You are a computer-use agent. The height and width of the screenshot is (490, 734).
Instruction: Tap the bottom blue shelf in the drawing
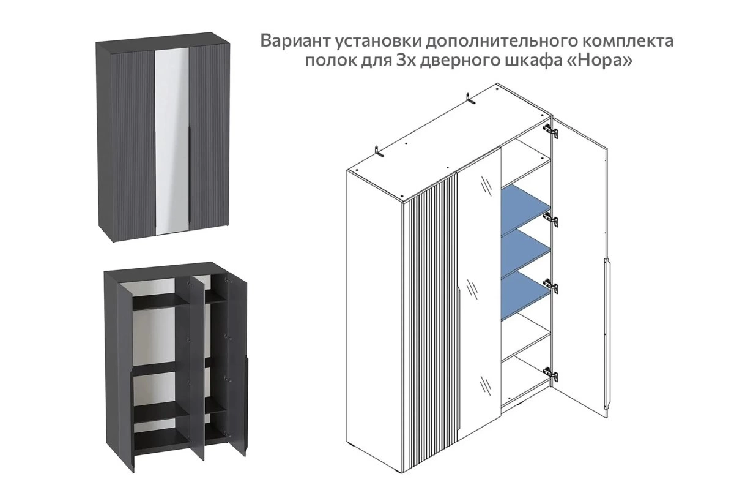(x=525, y=296)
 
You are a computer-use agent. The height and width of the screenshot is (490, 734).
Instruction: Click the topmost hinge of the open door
(x=550, y=130)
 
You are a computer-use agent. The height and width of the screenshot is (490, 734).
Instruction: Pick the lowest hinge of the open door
(x=550, y=372)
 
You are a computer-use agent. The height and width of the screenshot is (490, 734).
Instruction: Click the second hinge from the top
(x=550, y=219)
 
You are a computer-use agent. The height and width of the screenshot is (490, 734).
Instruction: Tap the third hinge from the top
(x=550, y=285)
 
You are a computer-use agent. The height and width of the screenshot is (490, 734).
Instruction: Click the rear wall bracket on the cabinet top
(x=471, y=99)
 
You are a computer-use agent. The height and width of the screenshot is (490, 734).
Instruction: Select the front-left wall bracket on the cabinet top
(x=380, y=152)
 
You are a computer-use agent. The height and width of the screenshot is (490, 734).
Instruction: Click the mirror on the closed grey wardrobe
(x=172, y=141)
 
